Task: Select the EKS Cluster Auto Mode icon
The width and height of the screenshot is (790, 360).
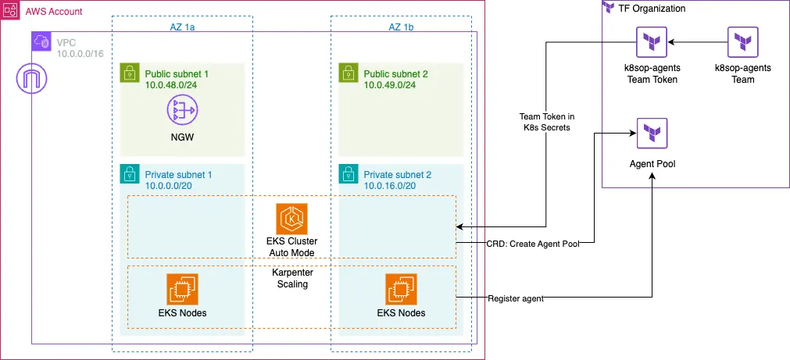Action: tap(291, 219)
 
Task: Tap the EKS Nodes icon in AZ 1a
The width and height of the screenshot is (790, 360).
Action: tap(181, 289)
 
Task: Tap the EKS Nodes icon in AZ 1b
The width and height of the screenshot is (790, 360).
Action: tap(401, 289)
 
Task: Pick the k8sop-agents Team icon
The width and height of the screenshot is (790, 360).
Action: tap(742, 42)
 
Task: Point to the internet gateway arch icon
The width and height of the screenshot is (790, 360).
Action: tap(31, 79)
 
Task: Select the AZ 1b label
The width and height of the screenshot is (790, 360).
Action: tap(401, 27)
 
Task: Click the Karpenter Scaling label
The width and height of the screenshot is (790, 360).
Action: tap(291, 279)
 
